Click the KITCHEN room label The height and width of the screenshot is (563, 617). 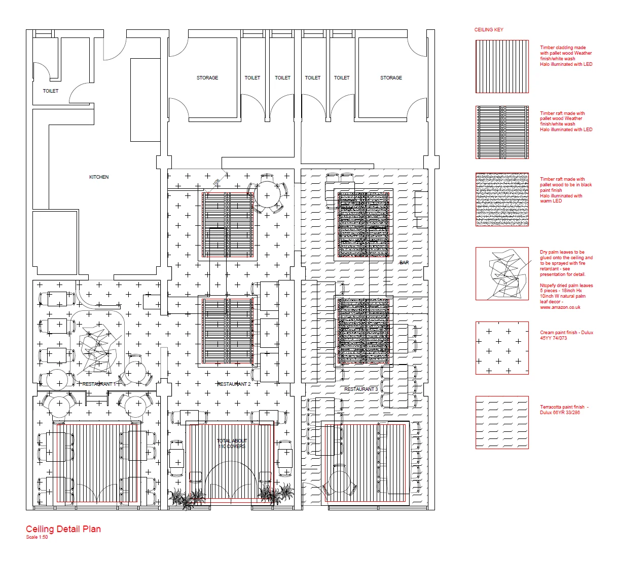(99, 177)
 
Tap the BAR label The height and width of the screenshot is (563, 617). (404, 263)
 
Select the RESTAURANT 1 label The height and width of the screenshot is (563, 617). (99, 384)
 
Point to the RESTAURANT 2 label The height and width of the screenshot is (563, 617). (234, 384)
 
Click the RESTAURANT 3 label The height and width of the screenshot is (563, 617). (361, 389)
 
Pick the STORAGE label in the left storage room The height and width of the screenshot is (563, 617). (207, 78)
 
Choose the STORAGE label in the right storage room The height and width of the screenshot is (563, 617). (391, 78)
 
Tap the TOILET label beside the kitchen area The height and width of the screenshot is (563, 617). (51, 91)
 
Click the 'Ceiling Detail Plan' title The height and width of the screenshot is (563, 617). (63, 529)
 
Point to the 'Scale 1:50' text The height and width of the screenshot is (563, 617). (37, 537)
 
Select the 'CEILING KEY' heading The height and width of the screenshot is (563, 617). (489, 30)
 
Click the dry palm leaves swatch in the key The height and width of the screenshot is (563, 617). (502, 274)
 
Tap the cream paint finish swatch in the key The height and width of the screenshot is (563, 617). (502, 348)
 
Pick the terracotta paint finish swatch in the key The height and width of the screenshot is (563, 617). (502, 422)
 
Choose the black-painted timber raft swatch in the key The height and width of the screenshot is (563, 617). (502, 199)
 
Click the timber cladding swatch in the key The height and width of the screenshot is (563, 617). (502, 66)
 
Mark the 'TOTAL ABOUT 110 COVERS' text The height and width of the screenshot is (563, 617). (232, 444)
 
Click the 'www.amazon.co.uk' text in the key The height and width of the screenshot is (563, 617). (560, 307)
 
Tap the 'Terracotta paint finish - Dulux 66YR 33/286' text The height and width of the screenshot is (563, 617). (564, 410)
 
